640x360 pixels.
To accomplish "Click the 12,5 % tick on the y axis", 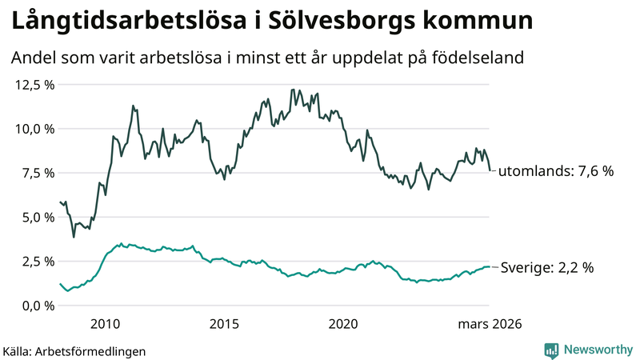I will point(32,84).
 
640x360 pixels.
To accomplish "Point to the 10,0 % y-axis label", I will point(32,128).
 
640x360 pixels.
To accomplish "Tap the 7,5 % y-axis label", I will point(35,173).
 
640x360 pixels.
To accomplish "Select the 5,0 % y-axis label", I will point(35,217).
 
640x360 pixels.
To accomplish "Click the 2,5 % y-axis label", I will point(35,262).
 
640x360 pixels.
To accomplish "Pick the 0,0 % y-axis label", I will point(35,306).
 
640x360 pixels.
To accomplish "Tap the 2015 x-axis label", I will point(225,324).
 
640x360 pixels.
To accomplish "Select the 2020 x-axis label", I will point(343,324).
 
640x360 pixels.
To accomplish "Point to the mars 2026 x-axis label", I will point(490,324).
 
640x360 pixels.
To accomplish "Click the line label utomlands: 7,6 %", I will point(556,171).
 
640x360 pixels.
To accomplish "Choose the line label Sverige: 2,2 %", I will point(546,269).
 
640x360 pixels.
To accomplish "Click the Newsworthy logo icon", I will point(551,350).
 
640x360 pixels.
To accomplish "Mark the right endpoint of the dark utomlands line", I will point(490,170).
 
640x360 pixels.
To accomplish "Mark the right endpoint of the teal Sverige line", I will point(490,267).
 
